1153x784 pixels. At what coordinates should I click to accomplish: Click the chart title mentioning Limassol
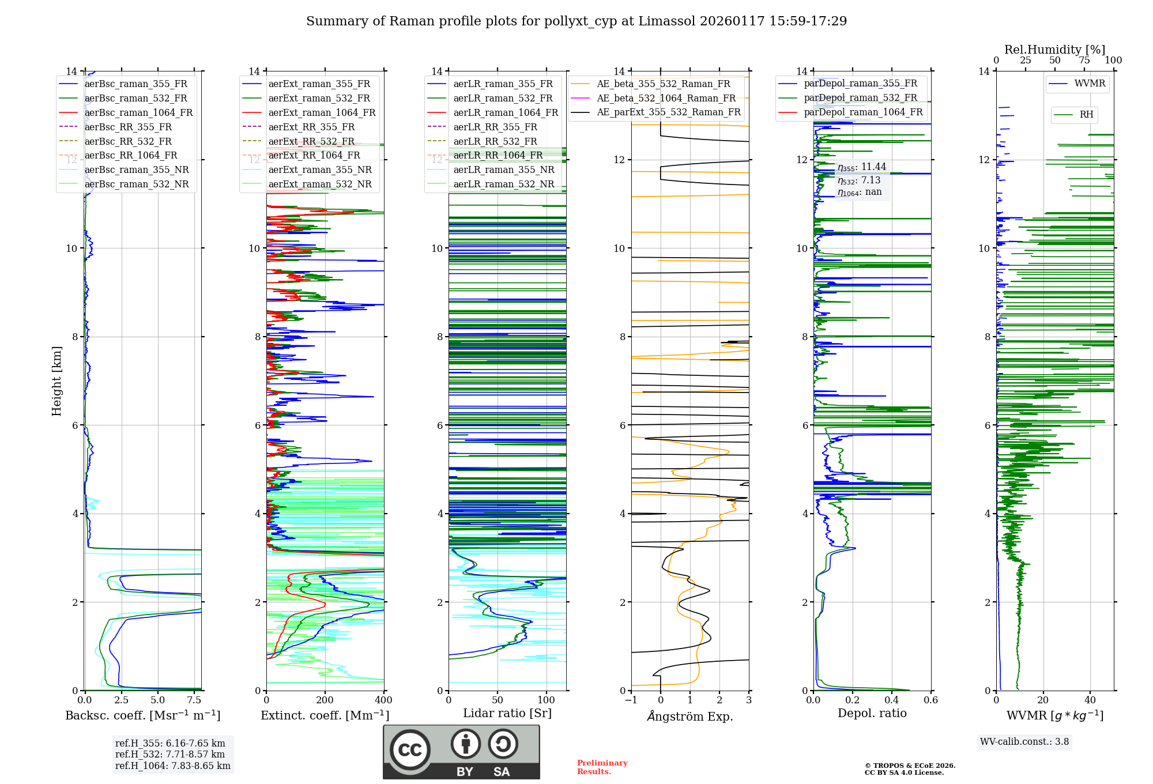click(x=576, y=21)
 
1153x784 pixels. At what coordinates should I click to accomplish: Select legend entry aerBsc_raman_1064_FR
click(x=138, y=112)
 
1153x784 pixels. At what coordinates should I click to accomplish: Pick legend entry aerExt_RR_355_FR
click(x=311, y=127)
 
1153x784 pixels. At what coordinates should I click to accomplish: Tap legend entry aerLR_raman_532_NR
click(x=503, y=184)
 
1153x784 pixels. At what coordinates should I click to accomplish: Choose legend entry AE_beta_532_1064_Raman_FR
click(x=666, y=98)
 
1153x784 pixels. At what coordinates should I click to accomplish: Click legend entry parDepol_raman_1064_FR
click(x=863, y=112)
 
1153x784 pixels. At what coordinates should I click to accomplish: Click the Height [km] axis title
click(x=56, y=381)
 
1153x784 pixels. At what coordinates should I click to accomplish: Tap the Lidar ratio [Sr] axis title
click(x=507, y=713)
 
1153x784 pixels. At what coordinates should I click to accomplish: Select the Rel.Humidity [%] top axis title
click(x=1054, y=50)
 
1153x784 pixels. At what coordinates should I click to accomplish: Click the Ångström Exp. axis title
click(x=690, y=717)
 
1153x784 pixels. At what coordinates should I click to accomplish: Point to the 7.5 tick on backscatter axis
click(x=194, y=700)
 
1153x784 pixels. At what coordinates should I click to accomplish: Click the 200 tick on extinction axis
click(x=325, y=700)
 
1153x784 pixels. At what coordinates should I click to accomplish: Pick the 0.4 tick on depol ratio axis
click(x=892, y=700)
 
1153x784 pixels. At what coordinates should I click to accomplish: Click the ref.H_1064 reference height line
click(x=172, y=766)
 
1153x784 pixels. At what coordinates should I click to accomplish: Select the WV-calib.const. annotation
click(x=1024, y=742)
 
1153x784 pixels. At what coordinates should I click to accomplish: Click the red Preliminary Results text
click(x=602, y=767)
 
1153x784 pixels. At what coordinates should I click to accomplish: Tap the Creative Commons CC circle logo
click(x=410, y=750)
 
